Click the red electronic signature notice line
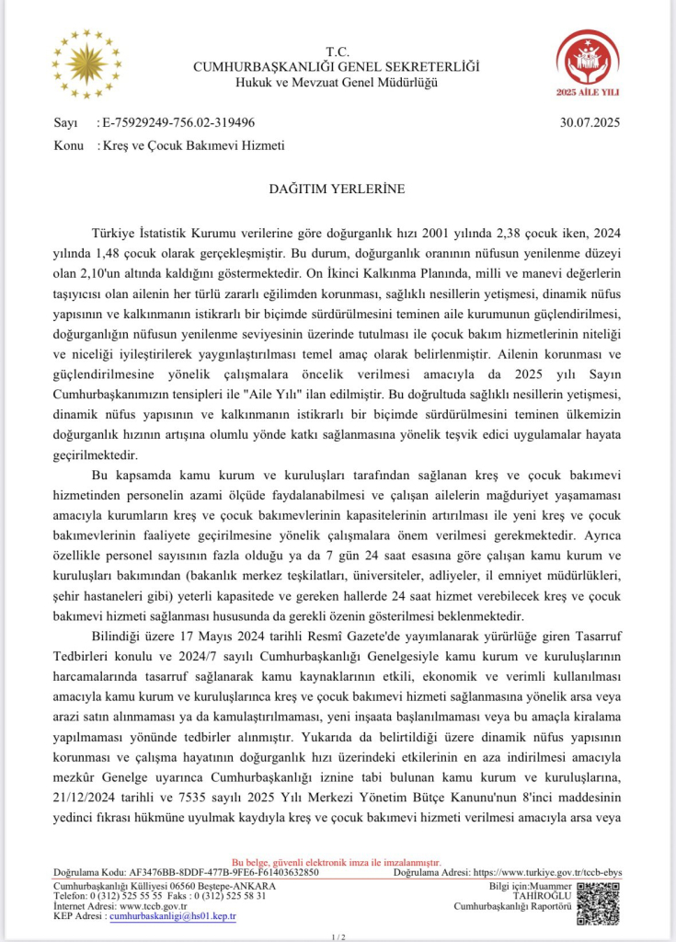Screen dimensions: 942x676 pyautogui.click(x=337, y=862)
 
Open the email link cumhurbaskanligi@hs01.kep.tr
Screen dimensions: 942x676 pyautogui.click(x=173, y=916)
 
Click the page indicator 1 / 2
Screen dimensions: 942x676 pyautogui.click(x=337, y=936)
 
